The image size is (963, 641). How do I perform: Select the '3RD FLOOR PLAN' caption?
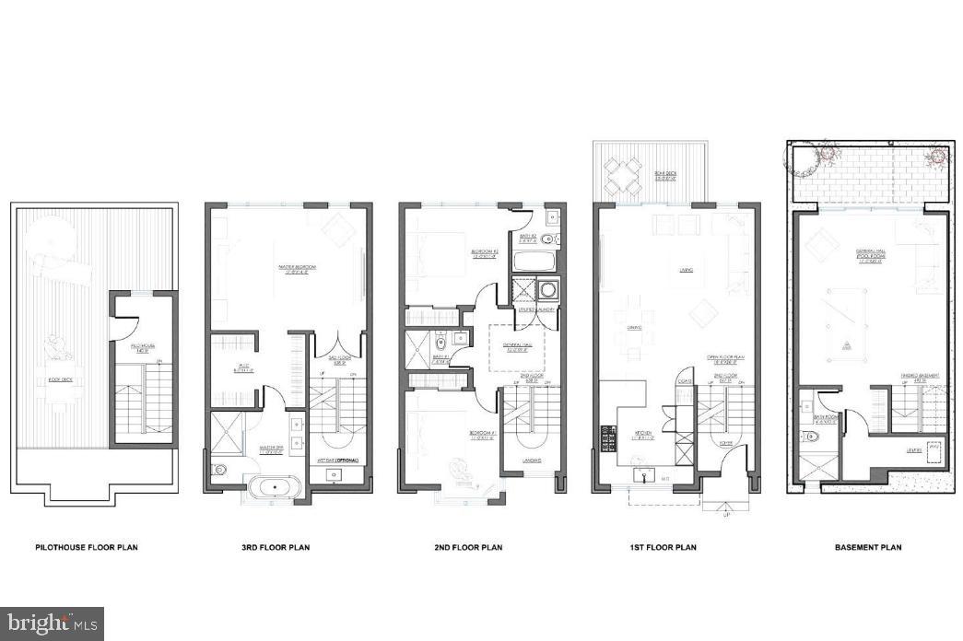point(269,547)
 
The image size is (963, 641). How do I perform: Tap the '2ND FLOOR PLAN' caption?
point(468,547)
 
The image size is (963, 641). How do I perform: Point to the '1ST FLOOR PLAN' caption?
point(663,547)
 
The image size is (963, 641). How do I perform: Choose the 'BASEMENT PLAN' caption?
point(866,547)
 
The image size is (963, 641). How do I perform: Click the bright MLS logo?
point(52,624)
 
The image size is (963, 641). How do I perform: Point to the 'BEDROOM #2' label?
point(485,251)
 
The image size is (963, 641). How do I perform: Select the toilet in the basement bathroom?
point(813,437)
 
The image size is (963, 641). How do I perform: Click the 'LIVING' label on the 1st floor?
point(686,270)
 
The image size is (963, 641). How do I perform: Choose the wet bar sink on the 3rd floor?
point(333,474)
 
